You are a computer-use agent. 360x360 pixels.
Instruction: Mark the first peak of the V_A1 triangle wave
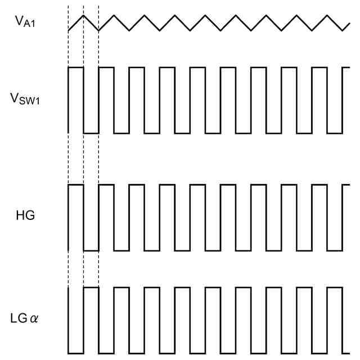tap(83, 15)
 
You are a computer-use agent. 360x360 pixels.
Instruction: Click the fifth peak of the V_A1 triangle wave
tap(205, 15)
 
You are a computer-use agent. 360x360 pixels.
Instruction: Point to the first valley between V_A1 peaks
tap(98, 30)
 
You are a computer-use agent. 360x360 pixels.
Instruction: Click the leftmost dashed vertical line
tap(68, 157)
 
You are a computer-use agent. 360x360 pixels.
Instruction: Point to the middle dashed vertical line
tap(83, 157)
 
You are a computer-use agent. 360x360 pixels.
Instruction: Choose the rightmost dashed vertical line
tap(98, 157)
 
